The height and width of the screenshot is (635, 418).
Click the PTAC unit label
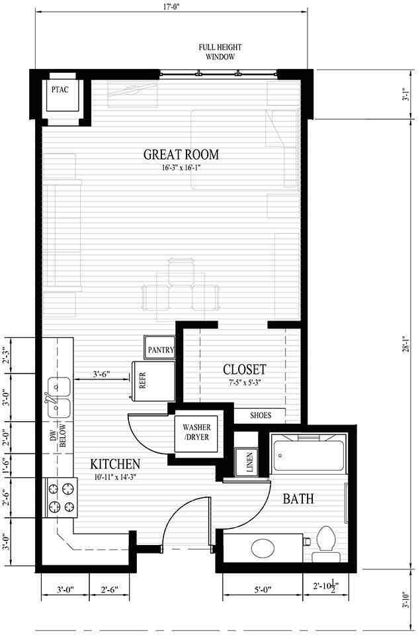[x=60, y=89]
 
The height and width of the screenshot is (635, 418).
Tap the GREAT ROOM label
[x=181, y=154]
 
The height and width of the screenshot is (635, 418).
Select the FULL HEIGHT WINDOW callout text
[x=220, y=52]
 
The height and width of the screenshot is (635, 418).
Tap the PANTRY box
[x=160, y=348]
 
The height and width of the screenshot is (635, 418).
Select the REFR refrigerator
[x=153, y=381]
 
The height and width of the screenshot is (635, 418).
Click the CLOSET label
[x=245, y=369]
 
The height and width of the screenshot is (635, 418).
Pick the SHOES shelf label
[x=260, y=415]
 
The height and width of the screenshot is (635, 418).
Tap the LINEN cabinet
[x=247, y=462]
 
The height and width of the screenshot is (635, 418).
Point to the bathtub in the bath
[x=308, y=454]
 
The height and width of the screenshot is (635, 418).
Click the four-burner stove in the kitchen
[x=62, y=498]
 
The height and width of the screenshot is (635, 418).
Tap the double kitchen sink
[x=58, y=397]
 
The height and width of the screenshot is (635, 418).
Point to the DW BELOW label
[x=58, y=436]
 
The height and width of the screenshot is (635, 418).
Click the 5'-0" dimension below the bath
[x=263, y=589]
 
